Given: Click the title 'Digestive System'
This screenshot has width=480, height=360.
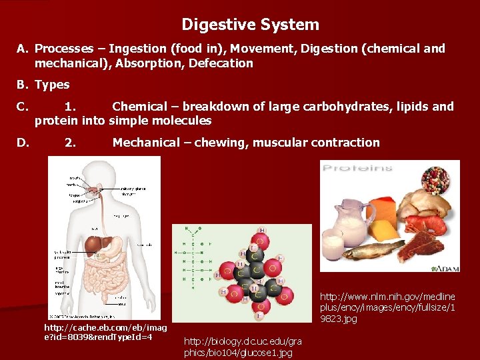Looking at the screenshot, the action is tap(250, 25).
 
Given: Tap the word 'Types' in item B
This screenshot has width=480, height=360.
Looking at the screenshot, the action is tap(52, 85).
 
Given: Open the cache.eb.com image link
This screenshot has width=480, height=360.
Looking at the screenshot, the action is tap(105, 332).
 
